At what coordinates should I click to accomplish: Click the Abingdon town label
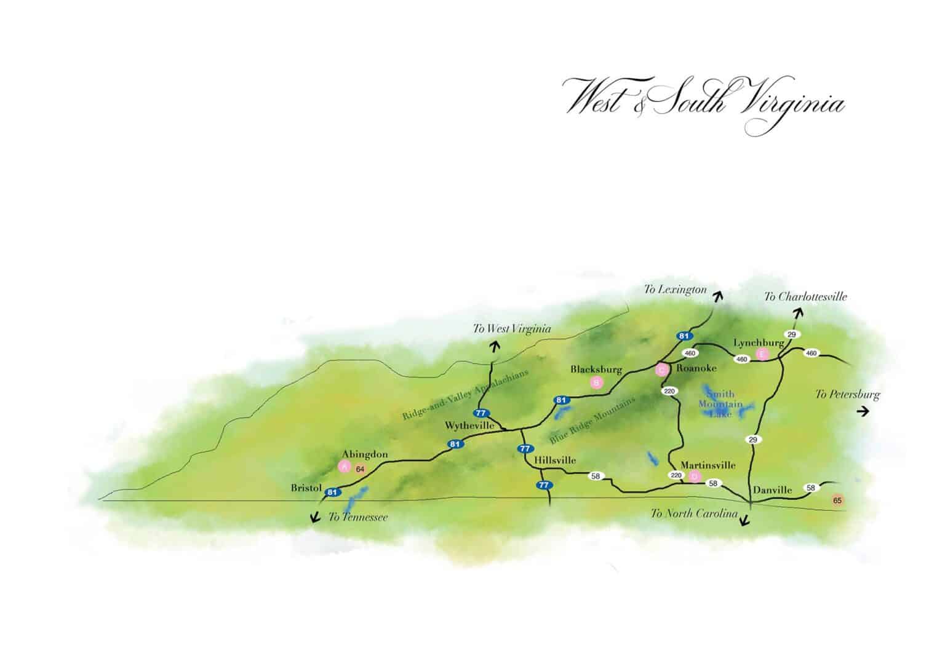pyautogui.click(x=365, y=454)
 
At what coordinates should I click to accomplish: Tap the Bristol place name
pyautogui.click(x=306, y=488)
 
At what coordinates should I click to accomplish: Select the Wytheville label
pyautogui.click(x=470, y=425)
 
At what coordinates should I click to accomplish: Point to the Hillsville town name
pyautogui.click(x=555, y=460)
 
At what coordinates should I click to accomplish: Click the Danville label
pyautogui.click(x=772, y=490)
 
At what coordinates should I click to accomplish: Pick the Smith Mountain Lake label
pyautogui.click(x=720, y=404)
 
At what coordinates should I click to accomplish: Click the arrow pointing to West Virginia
pyautogui.click(x=493, y=346)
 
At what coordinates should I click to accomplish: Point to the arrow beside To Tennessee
pyautogui.click(x=316, y=517)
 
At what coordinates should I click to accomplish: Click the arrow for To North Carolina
pyautogui.click(x=744, y=521)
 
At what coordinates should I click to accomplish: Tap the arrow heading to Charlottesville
pyautogui.click(x=798, y=314)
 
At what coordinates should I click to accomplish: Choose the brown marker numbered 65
pyautogui.click(x=837, y=500)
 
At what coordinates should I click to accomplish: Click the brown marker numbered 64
pyautogui.click(x=361, y=470)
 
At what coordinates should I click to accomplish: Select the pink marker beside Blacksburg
pyautogui.click(x=596, y=382)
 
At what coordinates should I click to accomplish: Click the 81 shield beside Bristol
pyautogui.click(x=332, y=492)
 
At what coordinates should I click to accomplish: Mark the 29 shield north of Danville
pyautogui.click(x=752, y=440)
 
